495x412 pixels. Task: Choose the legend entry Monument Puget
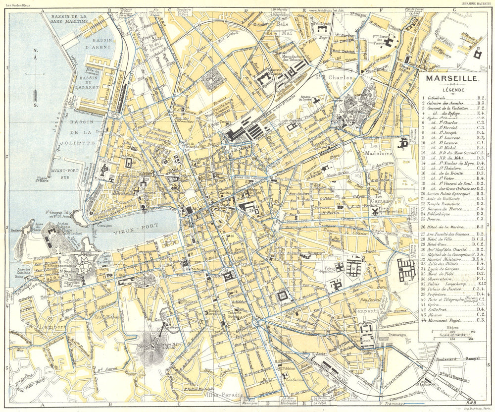444,321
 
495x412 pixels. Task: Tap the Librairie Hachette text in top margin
476,3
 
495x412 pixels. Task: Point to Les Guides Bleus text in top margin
18,3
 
